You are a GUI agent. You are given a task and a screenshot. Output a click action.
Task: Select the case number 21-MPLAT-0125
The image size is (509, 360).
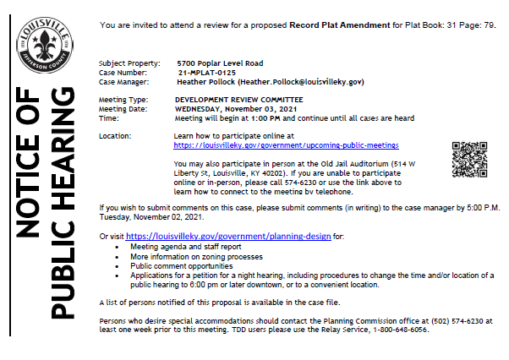pos(204,73)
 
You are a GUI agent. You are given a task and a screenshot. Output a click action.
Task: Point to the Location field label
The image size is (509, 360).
pos(115,135)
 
